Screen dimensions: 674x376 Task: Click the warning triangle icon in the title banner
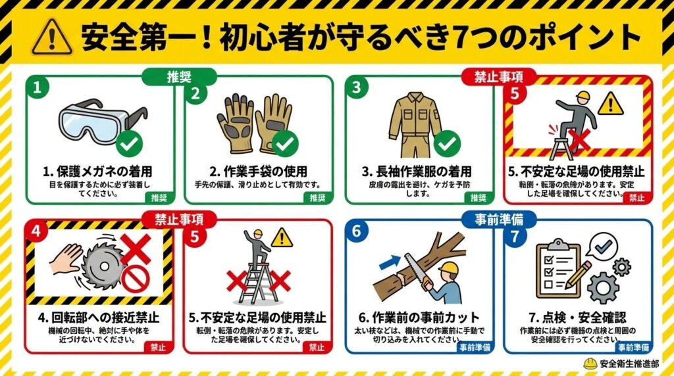(52, 37)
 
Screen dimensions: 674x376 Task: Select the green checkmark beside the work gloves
(285, 144)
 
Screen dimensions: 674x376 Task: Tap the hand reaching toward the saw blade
(66, 259)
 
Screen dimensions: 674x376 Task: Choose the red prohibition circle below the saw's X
(135, 279)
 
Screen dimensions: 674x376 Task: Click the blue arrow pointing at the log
(390, 262)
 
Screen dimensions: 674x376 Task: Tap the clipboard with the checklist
(558, 269)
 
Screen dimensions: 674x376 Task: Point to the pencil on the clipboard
(578, 275)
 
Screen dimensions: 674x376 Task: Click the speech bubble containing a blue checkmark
(604, 247)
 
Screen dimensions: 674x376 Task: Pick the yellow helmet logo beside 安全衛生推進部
(590, 364)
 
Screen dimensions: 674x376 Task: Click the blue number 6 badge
(356, 231)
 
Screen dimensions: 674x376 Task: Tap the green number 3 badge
(356, 87)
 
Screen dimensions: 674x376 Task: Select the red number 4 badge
(36, 231)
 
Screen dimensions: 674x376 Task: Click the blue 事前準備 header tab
(499, 220)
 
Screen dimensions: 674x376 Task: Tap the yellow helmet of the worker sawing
(448, 268)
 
